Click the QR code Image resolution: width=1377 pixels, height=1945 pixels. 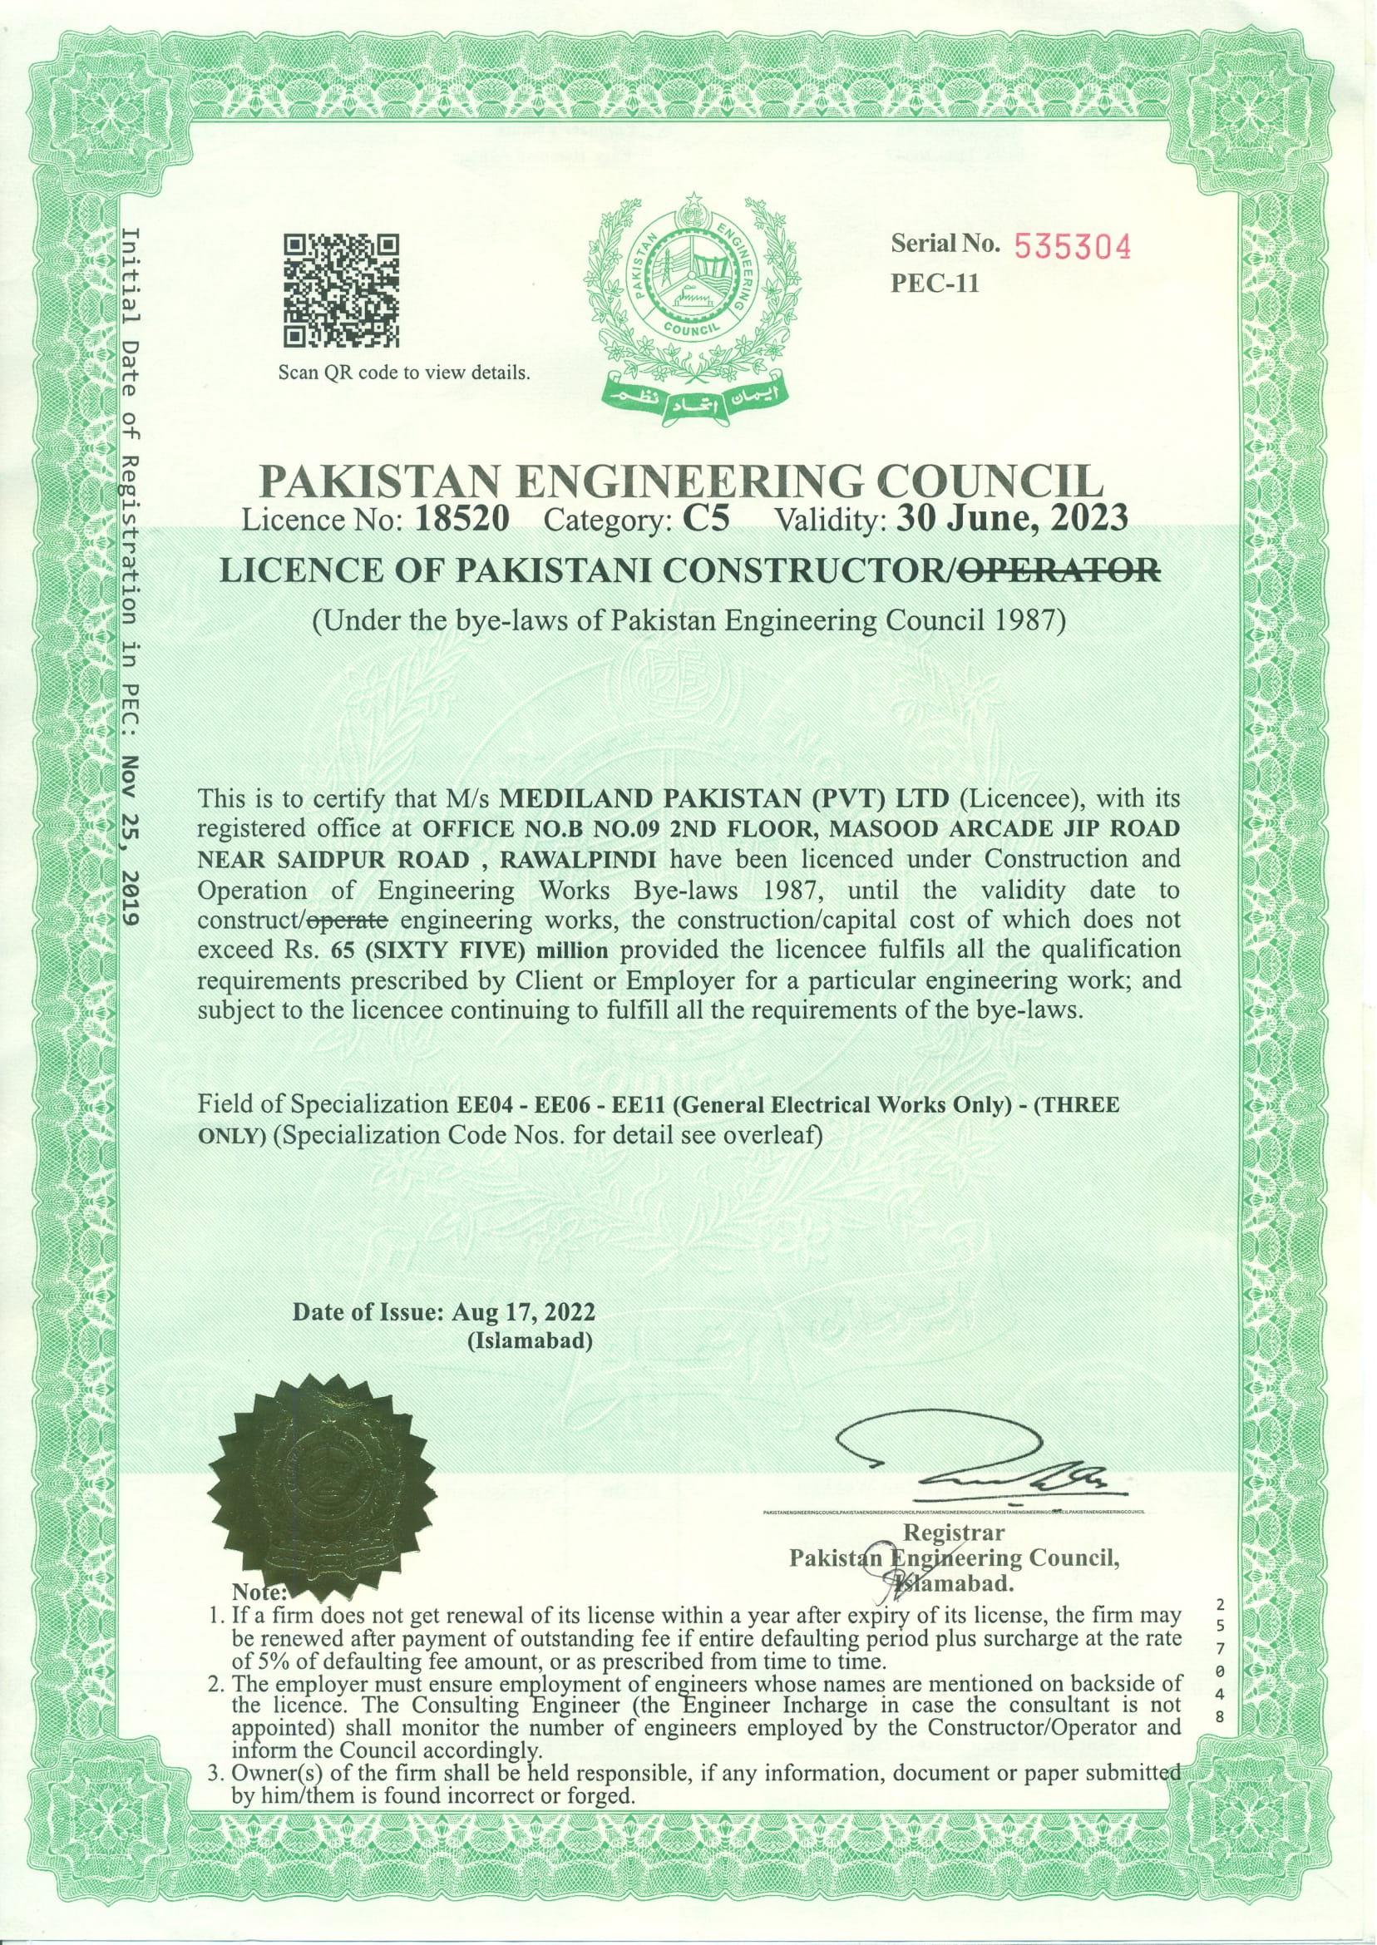(341, 291)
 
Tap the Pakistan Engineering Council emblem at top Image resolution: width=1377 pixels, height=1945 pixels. (691, 297)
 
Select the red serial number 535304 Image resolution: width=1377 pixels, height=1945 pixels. (1073, 247)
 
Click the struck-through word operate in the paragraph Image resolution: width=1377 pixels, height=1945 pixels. (347, 920)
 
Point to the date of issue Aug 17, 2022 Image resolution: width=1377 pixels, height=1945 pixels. (523, 1312)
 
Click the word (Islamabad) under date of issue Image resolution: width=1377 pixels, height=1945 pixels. (529, 1341)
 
